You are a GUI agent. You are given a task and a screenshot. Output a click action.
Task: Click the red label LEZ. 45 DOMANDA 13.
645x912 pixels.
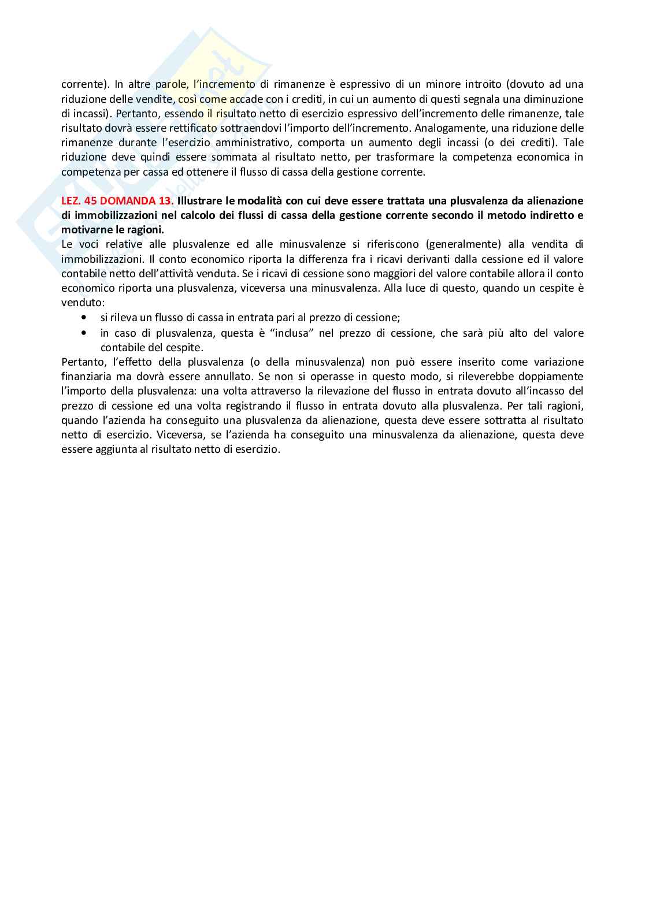coord(117,201)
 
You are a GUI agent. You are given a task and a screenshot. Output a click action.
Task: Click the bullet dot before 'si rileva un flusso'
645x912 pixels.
coord(86,318)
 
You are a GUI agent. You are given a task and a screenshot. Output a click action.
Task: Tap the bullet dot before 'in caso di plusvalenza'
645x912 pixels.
coord(86,333)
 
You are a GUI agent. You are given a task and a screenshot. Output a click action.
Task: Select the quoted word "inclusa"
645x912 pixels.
coord(294,333)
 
